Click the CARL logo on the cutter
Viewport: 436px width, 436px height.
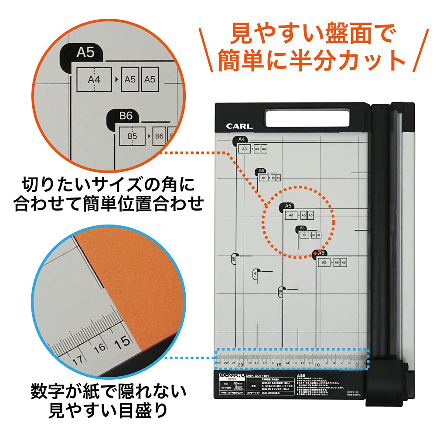tap(239, 126)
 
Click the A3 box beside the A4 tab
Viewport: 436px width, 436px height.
tap(244, 149)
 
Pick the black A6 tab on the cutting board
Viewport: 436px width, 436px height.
tap(321, 253)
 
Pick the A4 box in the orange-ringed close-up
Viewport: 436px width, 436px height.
tap(94, 80)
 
